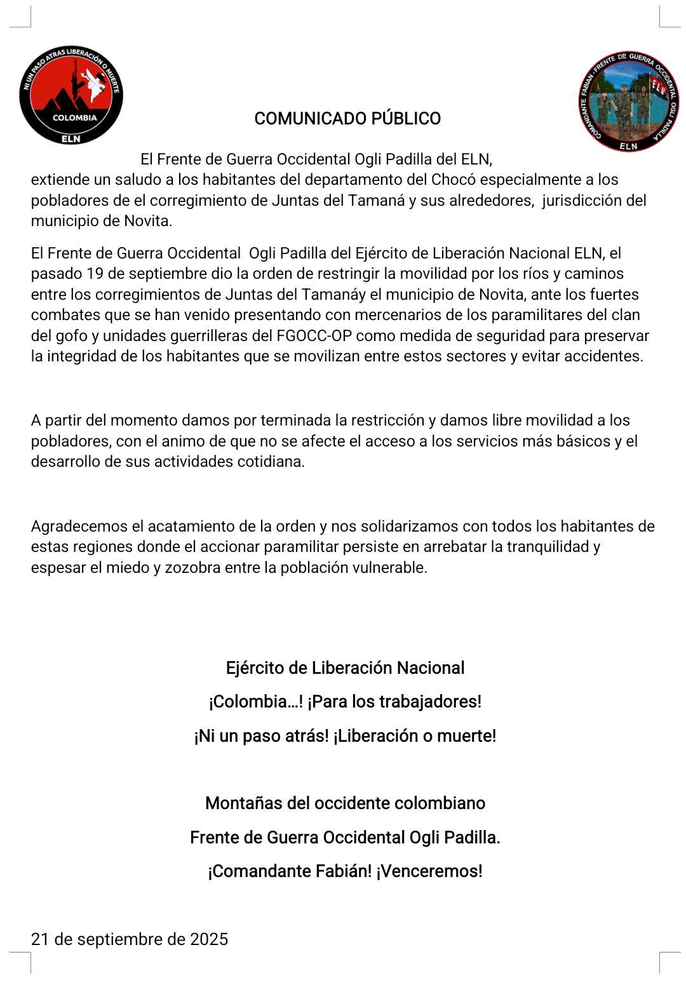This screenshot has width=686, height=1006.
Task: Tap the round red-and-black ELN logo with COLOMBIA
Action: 71,95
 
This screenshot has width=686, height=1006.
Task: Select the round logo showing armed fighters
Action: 628,101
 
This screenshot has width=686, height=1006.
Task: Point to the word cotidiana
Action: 270,462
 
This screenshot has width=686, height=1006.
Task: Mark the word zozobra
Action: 193,568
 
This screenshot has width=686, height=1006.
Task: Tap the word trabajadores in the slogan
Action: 429,702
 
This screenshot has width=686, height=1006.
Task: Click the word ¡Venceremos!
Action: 429,871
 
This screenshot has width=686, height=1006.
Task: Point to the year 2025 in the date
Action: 209,939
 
